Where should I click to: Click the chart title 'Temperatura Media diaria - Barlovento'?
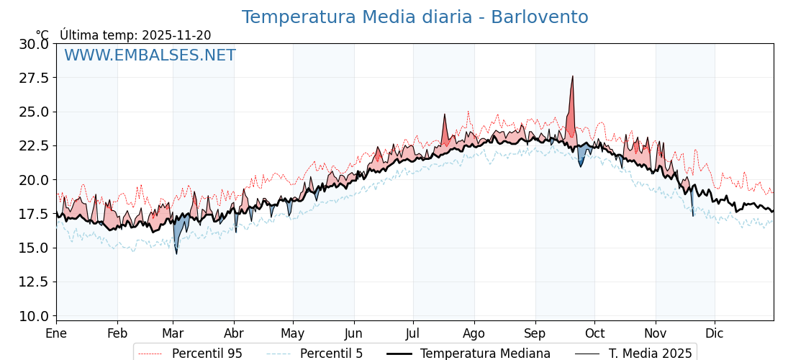(415, 17)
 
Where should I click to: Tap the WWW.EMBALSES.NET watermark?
(150, 55)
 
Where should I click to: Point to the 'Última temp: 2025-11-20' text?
(135, 35)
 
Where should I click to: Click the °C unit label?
(42, 35)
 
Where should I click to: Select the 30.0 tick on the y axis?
(34, 44)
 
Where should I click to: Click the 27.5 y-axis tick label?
(34, 78)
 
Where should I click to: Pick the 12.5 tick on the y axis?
(34, 282)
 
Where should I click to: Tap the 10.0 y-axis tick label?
(34, 315)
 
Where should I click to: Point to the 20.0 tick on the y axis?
(34, 180)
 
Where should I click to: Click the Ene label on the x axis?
(56, 334)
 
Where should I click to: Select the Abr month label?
(234, 334)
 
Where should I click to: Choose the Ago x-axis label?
(474, 334)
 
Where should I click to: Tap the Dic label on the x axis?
(715, 334)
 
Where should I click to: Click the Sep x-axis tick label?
(535, 334)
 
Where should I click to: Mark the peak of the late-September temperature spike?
(573, 76)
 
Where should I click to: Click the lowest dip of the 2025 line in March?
(176, 253)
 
